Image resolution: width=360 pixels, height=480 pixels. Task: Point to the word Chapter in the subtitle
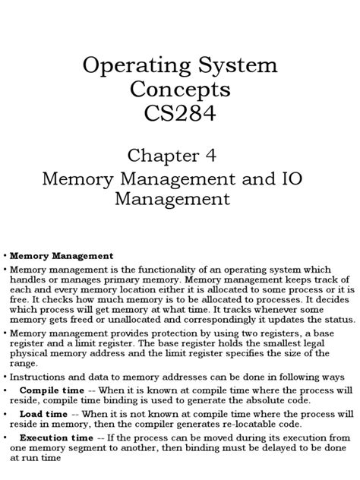pos(170,156)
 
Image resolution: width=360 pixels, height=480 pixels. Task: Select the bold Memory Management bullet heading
pos(62,256)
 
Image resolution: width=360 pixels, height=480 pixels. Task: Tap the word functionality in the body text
pos(187,270)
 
